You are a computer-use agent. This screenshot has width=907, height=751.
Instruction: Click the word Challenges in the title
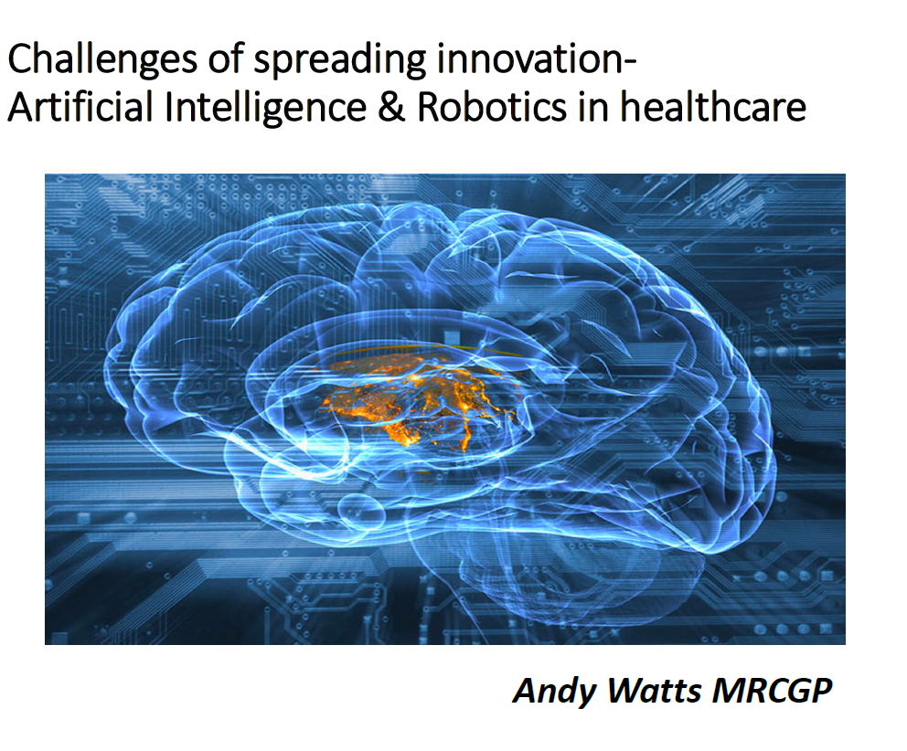(102, 60)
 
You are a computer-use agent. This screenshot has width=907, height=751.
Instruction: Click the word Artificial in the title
(80, 107)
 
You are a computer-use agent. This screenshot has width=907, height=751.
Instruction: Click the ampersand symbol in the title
(391, 108)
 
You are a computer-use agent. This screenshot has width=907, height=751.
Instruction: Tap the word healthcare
(713, 107)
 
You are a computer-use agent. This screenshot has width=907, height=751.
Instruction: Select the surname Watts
(655, 691)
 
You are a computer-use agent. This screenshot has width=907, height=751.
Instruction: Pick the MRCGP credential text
(773, 691)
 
